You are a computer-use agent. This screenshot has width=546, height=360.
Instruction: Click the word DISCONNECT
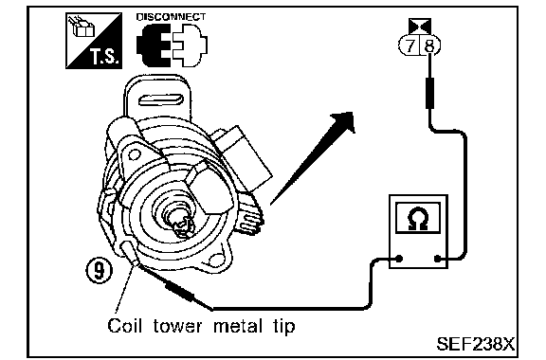point(171,17)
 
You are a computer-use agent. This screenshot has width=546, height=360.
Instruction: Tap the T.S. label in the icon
point(106,57)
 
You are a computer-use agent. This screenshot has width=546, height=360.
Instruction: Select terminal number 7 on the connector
point(410,45)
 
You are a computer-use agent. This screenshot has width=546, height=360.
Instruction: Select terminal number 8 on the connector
point(429,45)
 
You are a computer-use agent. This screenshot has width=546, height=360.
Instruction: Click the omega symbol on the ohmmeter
point(418,218)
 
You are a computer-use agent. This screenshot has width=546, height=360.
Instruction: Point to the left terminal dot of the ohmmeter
point(399,259)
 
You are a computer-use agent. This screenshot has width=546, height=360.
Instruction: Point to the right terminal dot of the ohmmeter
point(438,259)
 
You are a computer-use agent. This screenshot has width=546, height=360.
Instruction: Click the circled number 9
point(100,270)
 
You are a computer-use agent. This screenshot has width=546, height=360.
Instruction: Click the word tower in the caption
point(177,326)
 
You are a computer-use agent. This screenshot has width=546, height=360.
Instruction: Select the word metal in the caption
point(238,326)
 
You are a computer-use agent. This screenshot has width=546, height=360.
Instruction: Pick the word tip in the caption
point(283,327)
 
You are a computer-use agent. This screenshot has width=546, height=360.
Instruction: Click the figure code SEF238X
point(475,344)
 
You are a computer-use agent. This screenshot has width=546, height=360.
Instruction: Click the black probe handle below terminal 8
point(430,93)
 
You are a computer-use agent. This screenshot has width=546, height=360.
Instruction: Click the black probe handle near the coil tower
point(179,292)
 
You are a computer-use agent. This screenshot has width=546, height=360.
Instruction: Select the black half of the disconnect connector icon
point(154,45)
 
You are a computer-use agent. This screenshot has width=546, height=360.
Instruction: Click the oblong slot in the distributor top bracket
point(161,100)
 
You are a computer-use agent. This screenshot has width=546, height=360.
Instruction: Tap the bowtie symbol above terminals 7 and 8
point(420,27)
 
